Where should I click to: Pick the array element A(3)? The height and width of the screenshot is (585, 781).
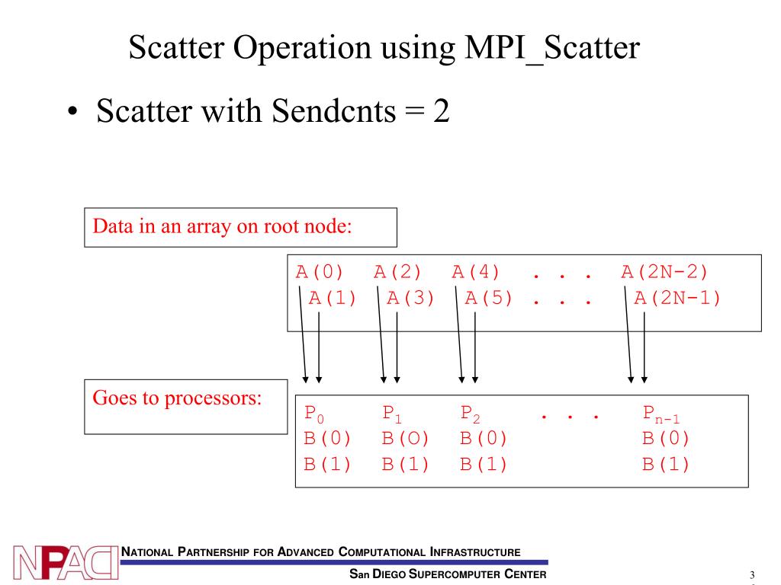(x=411, y=298)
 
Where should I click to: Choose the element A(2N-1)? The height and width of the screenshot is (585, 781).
(x=678, y=298)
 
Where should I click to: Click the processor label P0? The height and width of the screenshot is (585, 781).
(x=314, y=414)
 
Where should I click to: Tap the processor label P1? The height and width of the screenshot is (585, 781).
(x=392, y=414)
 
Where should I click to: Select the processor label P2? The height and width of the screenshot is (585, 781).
(x=471, y=414)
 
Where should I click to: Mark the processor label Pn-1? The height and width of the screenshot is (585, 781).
(x=660, y=415)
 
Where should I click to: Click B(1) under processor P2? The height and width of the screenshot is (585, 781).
(x=484, y=464)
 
